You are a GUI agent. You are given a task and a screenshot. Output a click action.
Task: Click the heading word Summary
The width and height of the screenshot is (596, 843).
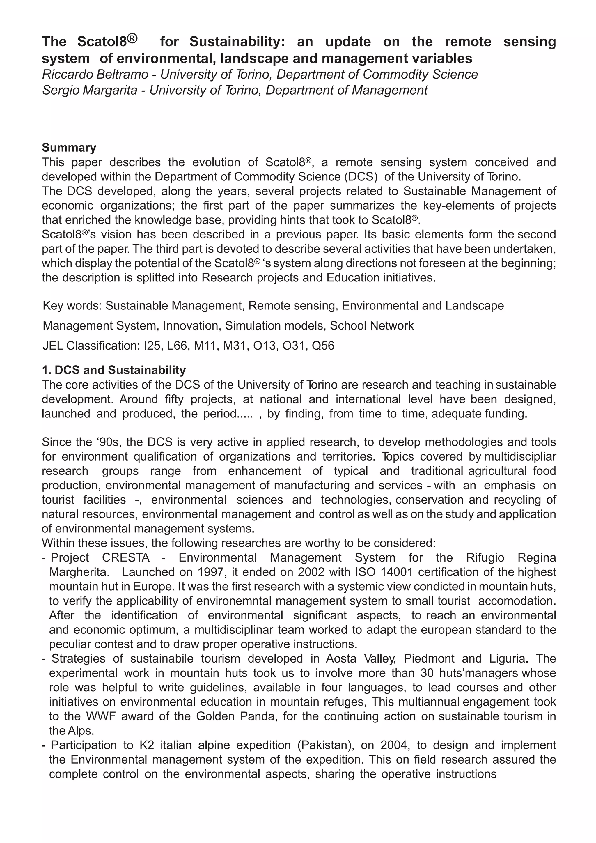pos(69,147)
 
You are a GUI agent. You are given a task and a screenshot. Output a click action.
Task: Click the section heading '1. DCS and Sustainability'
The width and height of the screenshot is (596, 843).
pos(114,370)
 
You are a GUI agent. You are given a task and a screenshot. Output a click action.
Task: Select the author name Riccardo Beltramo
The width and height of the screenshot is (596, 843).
pos(95,75)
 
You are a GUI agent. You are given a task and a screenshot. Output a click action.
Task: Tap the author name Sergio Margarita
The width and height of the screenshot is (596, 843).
pos(90,90)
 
